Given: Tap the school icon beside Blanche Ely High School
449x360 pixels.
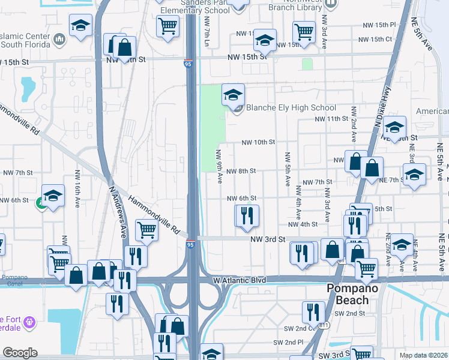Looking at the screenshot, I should tap(233, 95).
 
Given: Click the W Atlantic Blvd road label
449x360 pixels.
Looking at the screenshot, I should tap(238, 280).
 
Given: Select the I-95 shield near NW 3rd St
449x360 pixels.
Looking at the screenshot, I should tap(190, 244).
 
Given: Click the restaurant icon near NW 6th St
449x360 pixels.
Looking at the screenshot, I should tap(247, 217).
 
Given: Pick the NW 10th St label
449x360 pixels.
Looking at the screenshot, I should tap(258, 143).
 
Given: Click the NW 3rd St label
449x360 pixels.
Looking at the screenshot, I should tap(267, 239).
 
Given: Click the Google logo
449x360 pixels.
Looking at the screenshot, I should tap(20, 353).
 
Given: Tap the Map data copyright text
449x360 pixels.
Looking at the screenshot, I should tap(423, 355).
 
